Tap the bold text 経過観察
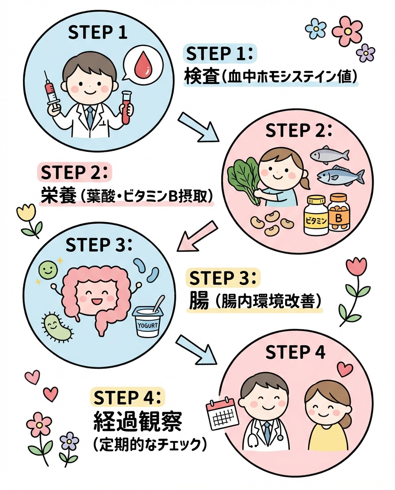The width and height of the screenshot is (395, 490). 137,422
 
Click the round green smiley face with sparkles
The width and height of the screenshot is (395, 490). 48,269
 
